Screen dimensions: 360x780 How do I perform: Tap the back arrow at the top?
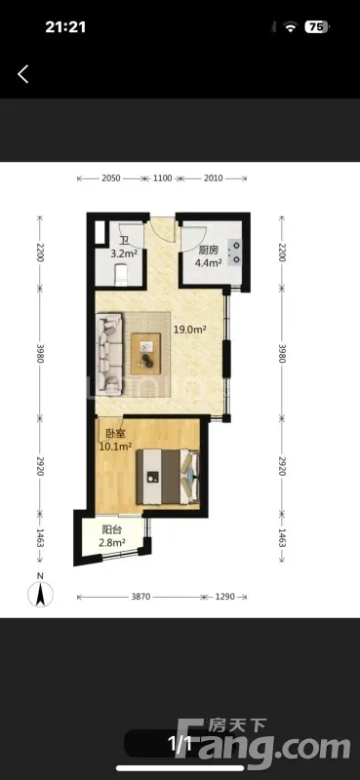click(22, 74)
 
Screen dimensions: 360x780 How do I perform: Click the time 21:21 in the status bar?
click(65, 27)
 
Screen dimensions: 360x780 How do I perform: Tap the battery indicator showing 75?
click(317, 27)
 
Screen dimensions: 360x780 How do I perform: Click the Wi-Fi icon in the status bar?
click(291, 27)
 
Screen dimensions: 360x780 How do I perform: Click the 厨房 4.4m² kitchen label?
click(208, 257)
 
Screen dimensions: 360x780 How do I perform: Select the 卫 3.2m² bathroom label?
click(124, 248)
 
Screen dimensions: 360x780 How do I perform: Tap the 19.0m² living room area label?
click(189, 329)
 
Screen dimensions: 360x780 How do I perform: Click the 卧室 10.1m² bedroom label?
click(115, 440)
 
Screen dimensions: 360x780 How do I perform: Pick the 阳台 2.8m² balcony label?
click(111, 535)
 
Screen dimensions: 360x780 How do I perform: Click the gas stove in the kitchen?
click(234, 252)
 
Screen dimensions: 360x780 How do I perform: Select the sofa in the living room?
click(108, 354)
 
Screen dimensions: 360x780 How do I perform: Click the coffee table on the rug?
click(146, 353)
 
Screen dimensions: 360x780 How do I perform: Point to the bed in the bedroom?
click(167, 477)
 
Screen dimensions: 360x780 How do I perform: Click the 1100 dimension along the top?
click(163, 178)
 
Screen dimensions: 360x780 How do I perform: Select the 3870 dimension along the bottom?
click(140, 597)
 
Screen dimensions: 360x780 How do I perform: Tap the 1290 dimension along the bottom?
click(224, 597)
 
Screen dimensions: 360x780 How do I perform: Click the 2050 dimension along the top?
click(110, 178)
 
